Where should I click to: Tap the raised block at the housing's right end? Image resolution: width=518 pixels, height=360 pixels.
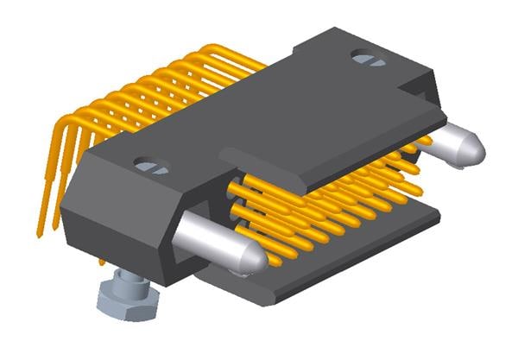click(423, 86)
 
